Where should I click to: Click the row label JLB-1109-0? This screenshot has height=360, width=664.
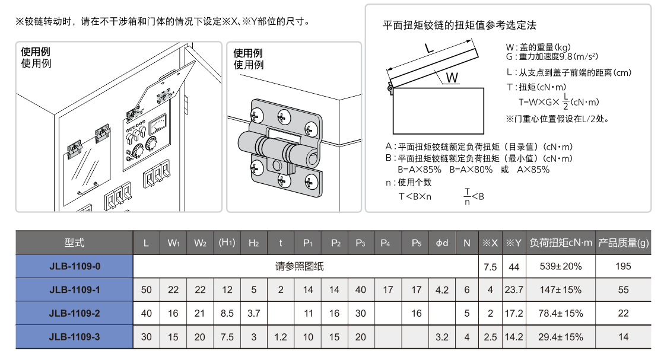(75, 266)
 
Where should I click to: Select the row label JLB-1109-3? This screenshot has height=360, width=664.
(75, 337)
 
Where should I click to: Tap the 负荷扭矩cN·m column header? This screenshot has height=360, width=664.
(561, 243)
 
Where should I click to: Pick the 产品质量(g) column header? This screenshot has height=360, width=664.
(624, 243)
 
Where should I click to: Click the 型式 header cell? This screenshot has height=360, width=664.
(75, 243)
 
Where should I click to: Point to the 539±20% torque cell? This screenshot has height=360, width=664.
(561, 266)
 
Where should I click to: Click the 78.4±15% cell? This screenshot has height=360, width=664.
(561, 313)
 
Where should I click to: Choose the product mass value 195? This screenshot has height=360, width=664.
(624, 266)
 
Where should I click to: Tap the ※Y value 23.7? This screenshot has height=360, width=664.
(514, 290)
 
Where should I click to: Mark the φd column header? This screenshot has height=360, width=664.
(442, 243)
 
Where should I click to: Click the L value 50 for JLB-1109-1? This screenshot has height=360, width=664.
(147, 290)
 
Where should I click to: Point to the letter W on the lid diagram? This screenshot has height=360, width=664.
(452, 78)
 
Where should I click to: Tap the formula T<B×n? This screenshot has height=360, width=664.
(415, 196)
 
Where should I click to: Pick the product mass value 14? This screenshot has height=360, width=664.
(624, 337)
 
